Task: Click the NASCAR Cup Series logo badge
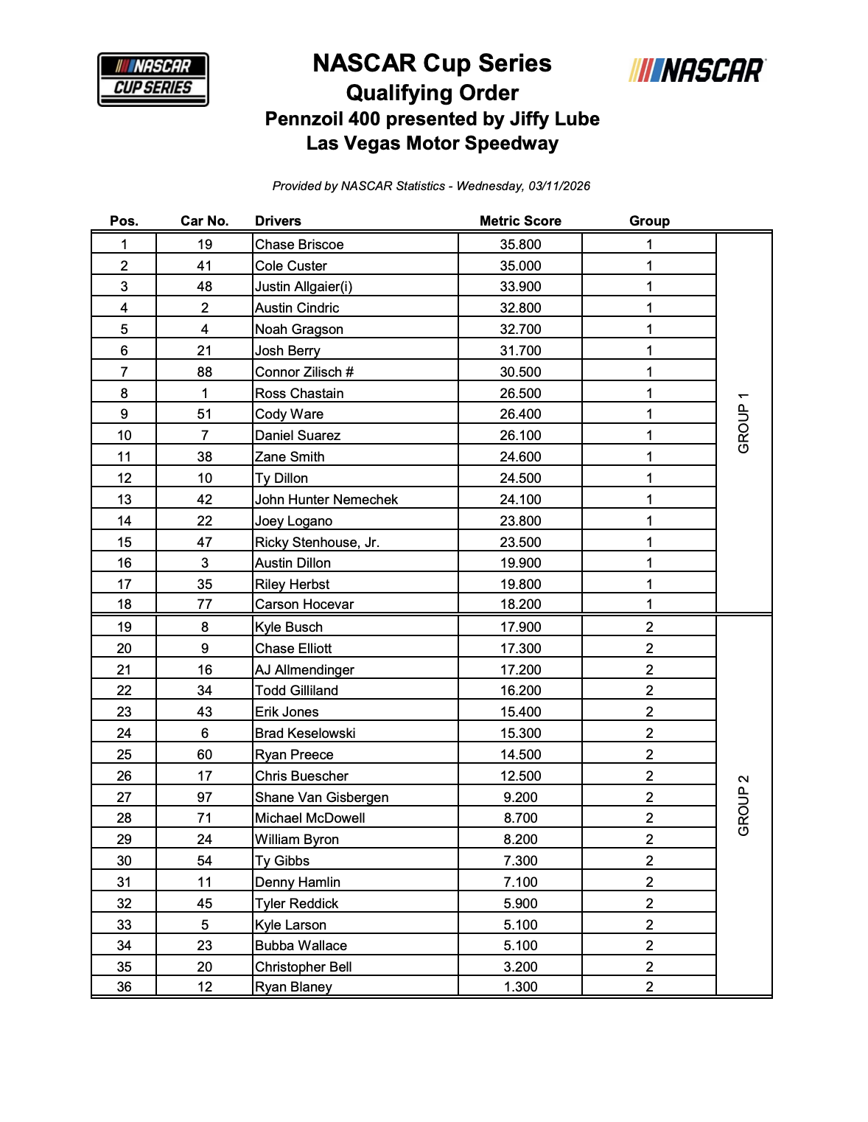[x=153, y=80]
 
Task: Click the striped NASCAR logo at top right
[x=697, y=71]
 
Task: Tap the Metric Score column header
[x=520, y=221]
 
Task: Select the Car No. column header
[x=205, y=221]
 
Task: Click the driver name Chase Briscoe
[x=299, y=245]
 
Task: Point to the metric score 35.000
[x=520, y=266]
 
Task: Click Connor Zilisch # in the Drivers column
[x=304, y=372]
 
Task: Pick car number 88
[x=205, y=372]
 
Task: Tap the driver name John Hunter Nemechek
[x=326, y=500]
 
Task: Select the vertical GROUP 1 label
[x=743, y=423]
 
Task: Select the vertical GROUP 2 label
[x=743, y=806]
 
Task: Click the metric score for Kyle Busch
[x=520, y=627]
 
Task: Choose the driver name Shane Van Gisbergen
[x=321, y=798]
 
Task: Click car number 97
[x=205, y=798]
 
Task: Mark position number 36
[x=124, y=987]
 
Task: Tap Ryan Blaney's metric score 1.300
[x=520, y=987]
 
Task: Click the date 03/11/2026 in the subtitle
[x=559, y=187]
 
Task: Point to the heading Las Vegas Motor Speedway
[x=433, y=144]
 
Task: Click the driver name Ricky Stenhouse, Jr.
[x=317, y=543]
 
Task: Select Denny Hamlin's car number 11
[x=205, y=882]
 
